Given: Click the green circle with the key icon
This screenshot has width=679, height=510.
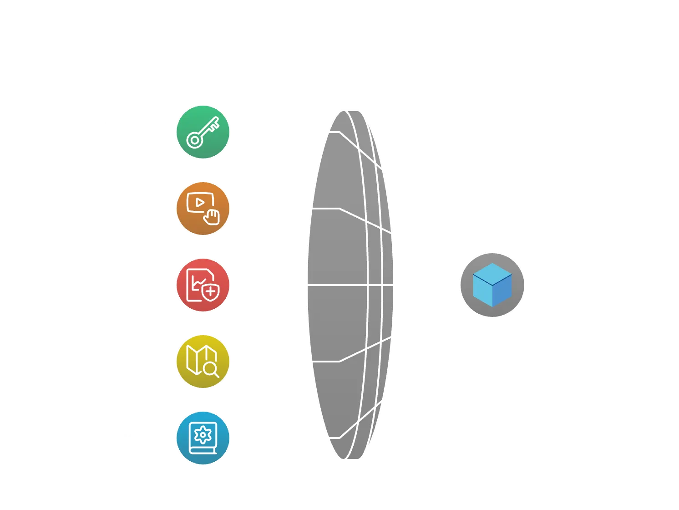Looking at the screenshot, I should [x=203, y=132].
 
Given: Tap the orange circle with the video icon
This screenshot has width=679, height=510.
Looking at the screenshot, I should [x=203, y=209].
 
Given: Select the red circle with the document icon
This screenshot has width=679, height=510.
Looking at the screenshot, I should [x=203, y=286].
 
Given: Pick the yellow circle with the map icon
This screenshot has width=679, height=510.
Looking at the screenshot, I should [x=203, y=362].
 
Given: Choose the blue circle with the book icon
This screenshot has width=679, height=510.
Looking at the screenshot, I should [x=203, y=438].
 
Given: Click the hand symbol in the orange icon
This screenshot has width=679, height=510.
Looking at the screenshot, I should [x=211, y=217].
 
